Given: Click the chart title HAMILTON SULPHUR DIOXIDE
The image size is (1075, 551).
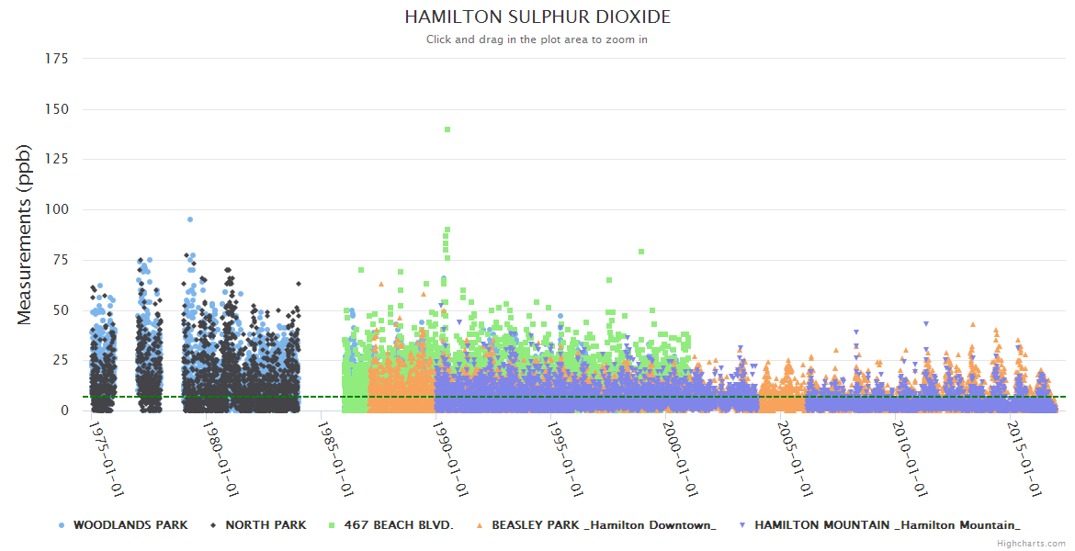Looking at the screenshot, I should tap(537, 17).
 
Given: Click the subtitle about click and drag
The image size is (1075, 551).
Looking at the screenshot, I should tap(537, 39).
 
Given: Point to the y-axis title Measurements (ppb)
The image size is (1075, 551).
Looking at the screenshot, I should tap(25, 234).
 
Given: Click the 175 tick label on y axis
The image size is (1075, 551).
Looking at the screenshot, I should tap(56, 59).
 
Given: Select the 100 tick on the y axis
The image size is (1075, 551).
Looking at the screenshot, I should tap(56, 210).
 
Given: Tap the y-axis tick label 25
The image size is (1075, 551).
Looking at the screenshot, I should tap(60, 361).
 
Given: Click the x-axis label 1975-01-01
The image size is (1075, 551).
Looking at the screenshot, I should tap(107, 458).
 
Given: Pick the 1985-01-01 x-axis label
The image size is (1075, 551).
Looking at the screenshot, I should tap(336, 458).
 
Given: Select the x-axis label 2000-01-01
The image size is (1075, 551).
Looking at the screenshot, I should tap(681, 458).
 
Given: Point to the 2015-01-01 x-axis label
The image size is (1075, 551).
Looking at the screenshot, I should tap(1025, 458).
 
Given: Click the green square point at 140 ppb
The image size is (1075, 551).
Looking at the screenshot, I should tap(447, 129).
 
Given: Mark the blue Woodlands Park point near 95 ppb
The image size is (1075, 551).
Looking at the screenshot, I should tap(190, 219).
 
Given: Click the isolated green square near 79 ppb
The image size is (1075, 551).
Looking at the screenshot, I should tap(641, 252).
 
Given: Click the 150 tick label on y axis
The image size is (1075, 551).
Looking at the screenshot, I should tap(56, 109).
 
